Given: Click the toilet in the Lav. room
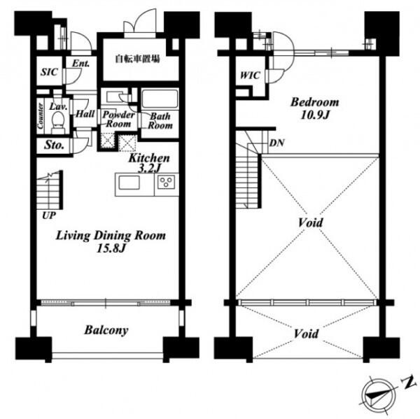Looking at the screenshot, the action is coord(57,122).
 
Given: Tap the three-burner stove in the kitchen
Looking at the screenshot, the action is coord(167,181).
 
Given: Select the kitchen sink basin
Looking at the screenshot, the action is coord(129,183).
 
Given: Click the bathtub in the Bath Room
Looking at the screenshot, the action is coord(160,99).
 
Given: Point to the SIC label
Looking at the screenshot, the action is coord(49,72).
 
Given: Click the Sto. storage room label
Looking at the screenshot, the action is coord(54,145).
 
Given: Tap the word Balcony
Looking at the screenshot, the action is coord(106,330).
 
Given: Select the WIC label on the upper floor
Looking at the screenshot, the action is coord(250,76).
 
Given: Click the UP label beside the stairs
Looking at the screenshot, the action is coord(49,215).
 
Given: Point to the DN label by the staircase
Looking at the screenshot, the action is coord(276,143).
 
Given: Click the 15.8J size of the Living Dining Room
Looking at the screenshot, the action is coord(111,249).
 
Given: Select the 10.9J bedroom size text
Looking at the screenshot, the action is coord(314,115).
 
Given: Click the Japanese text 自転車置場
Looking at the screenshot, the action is coord(137,59).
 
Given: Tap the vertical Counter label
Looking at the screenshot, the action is coord(41,115).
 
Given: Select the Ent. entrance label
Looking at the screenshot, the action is coord(80,64).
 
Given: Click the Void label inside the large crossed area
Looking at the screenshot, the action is coord(310,222).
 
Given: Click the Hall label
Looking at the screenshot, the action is coord(85,114).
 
